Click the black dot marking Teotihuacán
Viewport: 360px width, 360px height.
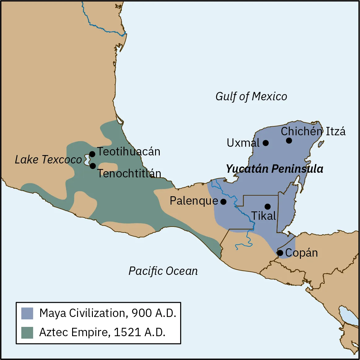coord(92,154)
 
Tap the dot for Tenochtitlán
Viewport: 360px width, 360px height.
coord(93,166)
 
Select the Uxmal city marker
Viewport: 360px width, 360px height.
coord(266,143)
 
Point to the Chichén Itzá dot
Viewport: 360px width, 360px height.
coord(289,141)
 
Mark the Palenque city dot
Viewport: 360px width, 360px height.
coord(223,202)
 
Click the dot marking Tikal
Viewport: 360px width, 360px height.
coord(268,206)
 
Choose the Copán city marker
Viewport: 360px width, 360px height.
coord(280,253)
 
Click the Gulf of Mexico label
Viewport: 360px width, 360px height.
coord(251,97)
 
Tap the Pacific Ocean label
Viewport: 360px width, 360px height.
coord(163,271)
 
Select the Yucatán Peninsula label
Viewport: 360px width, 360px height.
coord(274,169)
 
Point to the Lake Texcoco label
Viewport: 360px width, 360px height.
coord(48,160)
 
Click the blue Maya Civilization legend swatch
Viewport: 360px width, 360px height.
coord(27,313)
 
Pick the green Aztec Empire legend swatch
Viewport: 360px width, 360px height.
coord(27,332)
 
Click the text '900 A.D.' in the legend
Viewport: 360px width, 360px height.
coord(154,313)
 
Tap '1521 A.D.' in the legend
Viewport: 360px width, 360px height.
coord(140,332)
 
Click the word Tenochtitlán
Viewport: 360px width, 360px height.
coord(129,173)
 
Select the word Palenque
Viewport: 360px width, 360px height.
coord(194,201)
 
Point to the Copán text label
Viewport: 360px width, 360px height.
coord(301,253)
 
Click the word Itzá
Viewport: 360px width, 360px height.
coord(336,132)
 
